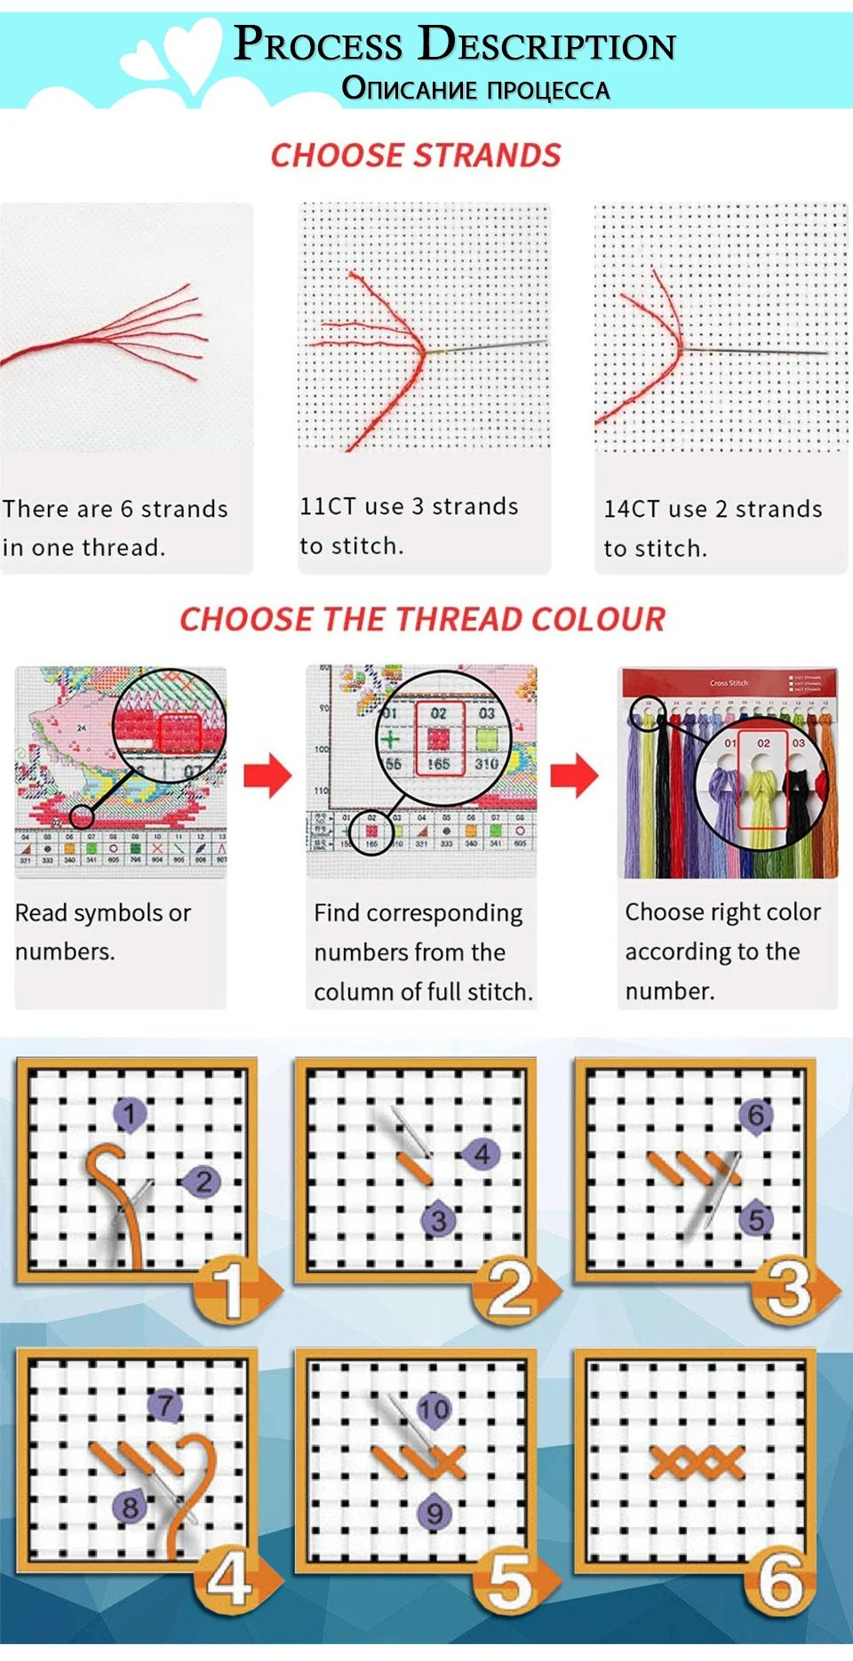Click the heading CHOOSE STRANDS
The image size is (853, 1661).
(416, 155)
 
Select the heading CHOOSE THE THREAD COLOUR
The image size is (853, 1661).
(422, 619)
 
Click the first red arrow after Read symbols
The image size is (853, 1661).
(267, 775)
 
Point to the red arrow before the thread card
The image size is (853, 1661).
(575, 775)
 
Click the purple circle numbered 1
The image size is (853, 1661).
(130, 1113)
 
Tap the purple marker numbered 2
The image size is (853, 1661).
(203, 1181)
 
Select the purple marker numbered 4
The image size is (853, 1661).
(481, 1154)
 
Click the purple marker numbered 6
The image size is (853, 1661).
(755, 1115)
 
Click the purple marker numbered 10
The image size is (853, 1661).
(434, 1409)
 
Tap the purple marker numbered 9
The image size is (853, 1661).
(434, 1513)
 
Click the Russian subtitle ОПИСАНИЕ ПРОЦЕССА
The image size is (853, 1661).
(475, 89)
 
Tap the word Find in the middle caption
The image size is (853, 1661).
(336, 913)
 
